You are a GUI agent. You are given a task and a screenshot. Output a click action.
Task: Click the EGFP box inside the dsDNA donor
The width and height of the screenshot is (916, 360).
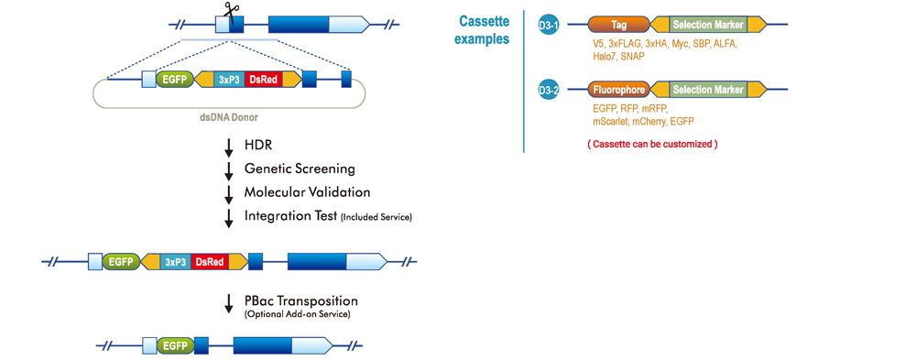(175, 80)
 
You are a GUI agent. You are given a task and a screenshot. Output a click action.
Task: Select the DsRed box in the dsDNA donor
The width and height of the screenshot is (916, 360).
(263, 80)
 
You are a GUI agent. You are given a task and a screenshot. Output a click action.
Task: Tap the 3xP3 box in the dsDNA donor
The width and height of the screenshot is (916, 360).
(229, 80)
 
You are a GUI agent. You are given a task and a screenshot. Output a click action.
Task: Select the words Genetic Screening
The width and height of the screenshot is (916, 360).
(300, 169)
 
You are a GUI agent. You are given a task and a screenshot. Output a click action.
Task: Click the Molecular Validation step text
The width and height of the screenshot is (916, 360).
(307, 192)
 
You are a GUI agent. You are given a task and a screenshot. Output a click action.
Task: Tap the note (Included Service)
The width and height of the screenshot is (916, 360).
(377, 217)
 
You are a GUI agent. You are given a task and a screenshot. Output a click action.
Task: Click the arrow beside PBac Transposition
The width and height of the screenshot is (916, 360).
(228, 304)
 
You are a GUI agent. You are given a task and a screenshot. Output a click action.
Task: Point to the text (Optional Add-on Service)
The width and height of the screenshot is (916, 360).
(297, 314)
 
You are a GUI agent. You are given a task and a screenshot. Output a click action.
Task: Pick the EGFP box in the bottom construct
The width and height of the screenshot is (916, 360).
(175, 345)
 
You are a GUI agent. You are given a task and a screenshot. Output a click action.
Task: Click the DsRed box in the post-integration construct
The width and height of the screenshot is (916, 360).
(210, 262)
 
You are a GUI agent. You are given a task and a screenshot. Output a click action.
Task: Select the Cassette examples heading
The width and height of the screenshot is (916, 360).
(483, 28)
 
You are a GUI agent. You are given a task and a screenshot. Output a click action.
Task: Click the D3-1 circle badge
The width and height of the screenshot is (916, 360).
(549, 25)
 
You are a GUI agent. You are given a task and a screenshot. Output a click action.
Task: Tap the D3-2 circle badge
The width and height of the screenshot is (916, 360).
(549, 90)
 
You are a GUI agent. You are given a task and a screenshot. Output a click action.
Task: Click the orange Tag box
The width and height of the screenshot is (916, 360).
(618, 25)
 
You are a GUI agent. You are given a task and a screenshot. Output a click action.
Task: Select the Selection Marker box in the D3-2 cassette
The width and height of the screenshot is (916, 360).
(708, 90)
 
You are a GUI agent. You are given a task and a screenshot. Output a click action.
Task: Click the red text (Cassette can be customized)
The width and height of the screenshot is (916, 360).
(651, 144)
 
